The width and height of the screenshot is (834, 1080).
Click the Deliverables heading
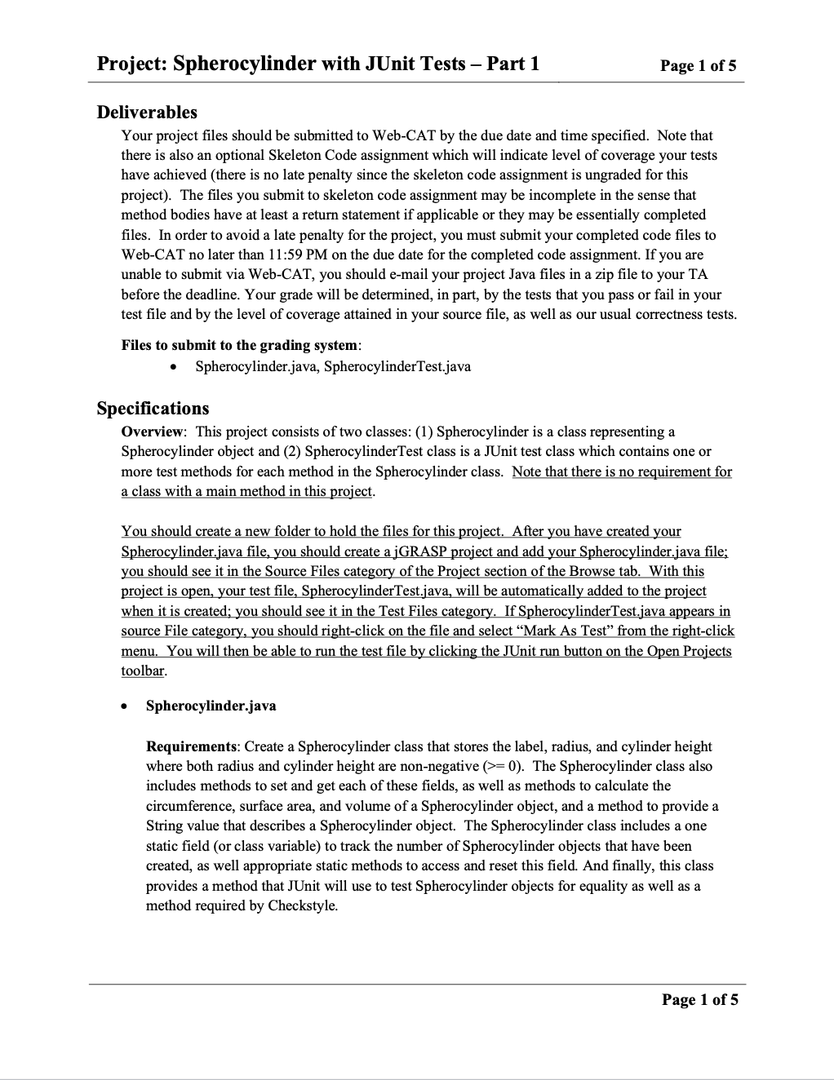coord(147,112)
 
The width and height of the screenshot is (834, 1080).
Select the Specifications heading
coord(153,408)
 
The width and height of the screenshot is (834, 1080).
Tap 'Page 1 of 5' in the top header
coord(699,66)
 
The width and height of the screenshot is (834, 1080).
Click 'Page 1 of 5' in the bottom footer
coord(699,1000)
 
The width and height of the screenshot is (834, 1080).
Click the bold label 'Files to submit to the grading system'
coord(239,345)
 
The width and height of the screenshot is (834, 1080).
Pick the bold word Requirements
coord(191,746)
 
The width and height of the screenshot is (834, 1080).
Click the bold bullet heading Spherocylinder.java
coord(211,706)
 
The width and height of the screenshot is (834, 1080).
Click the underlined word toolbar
coord(143,671)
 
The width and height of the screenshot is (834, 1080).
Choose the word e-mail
coord(412,274)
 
